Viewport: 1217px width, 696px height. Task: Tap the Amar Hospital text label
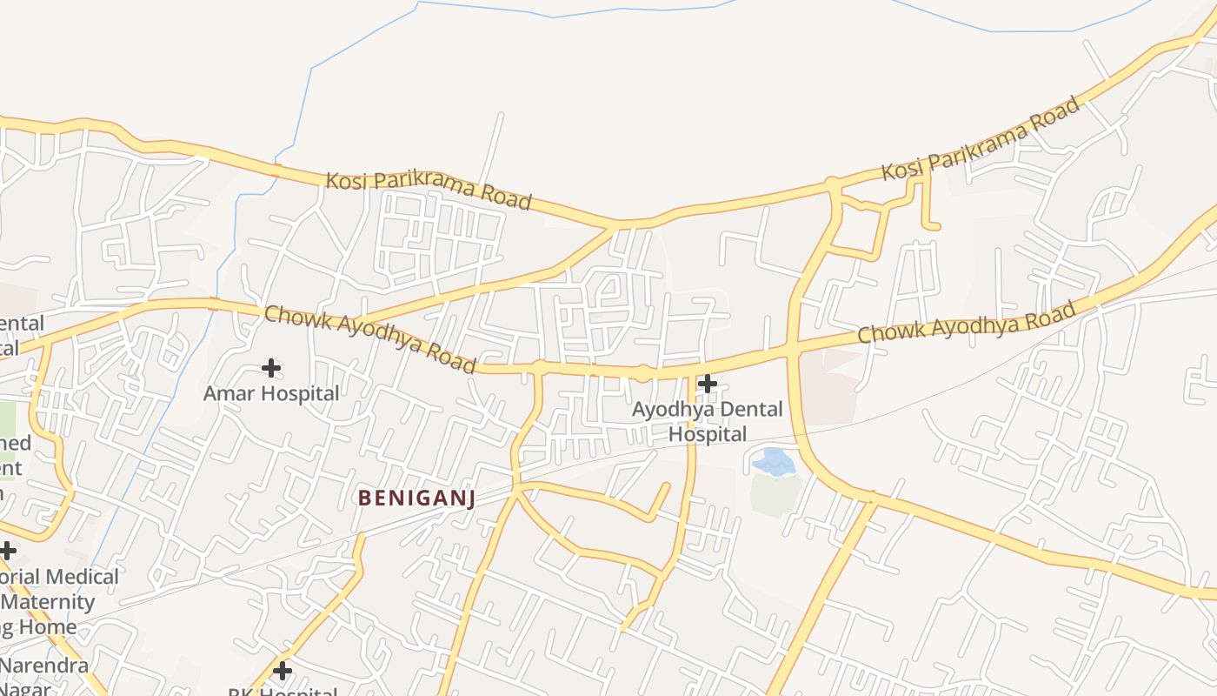coord(271,393)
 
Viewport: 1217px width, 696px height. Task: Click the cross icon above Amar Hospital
coord(271,368)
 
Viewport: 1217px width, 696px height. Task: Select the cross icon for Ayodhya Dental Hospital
coord(708,383)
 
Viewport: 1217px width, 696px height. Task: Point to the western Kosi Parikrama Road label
coord(428,191)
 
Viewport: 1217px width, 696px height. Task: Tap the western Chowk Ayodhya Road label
coord(370,338)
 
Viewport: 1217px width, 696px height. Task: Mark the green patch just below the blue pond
coord(775,493)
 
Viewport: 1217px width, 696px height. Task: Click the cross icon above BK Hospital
coord(282,671)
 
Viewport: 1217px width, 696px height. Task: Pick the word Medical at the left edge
coord(84,577)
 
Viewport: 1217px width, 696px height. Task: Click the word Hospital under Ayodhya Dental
coord(708,433)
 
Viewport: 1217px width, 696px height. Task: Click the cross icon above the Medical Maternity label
coord(8,550)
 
